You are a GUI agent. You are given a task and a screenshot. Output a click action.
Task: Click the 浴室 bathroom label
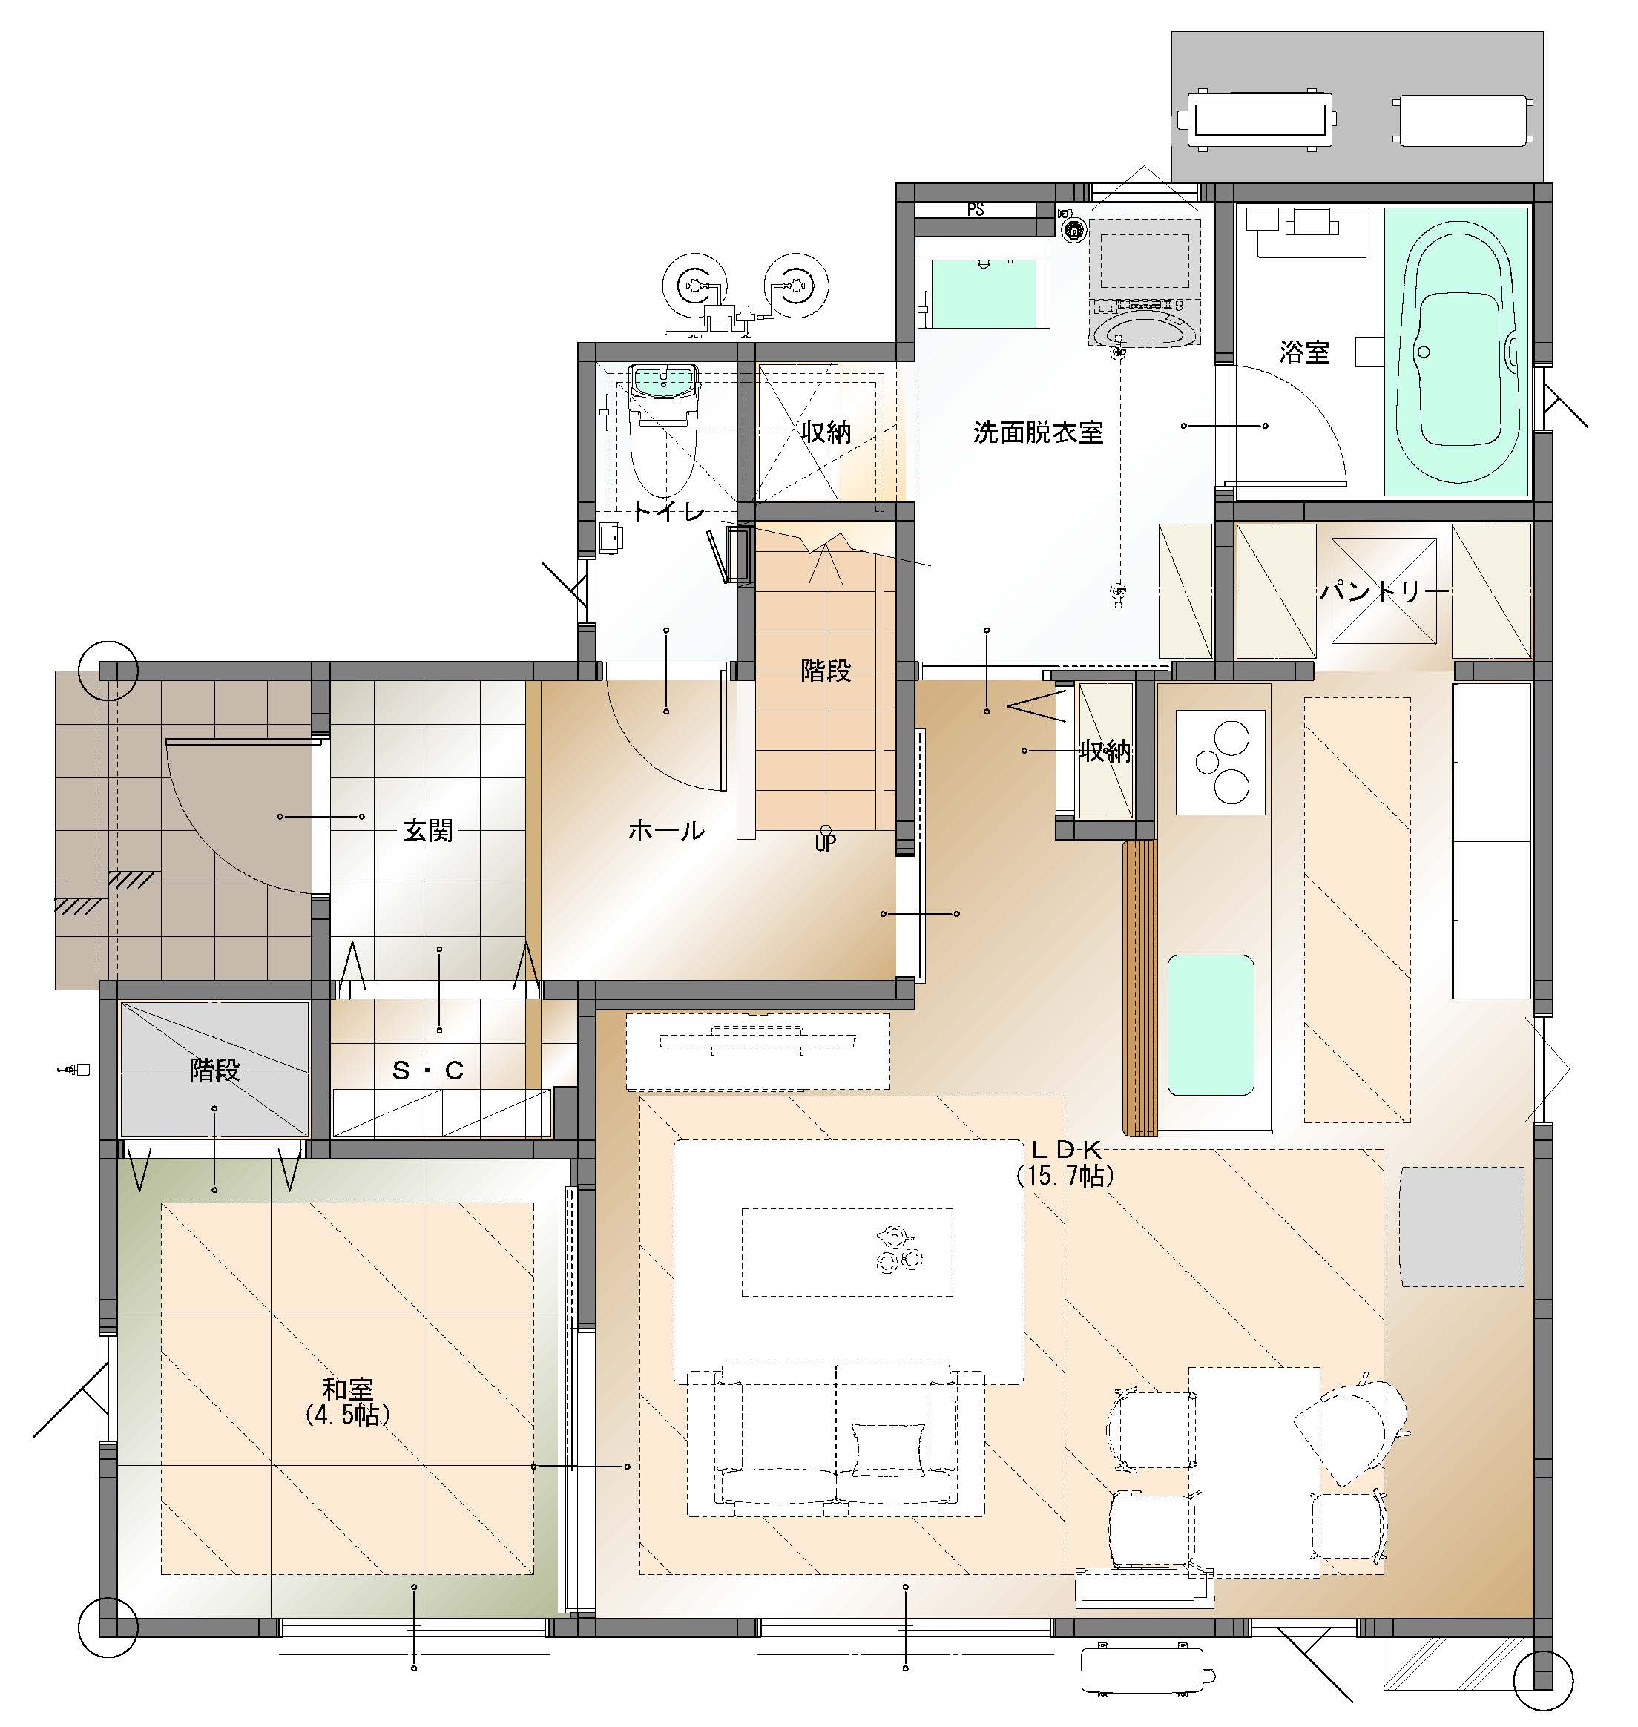(1304, 352)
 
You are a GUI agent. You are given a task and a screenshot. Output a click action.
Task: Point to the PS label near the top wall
(976, 209)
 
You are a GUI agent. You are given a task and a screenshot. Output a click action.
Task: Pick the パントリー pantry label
(1385, 593)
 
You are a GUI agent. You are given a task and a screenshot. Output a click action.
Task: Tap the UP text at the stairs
(825, 843)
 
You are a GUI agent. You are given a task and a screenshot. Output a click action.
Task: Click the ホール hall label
(666, 830)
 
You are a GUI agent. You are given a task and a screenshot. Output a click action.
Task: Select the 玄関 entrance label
(428, 830)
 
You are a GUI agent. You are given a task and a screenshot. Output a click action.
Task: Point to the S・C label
(428, 1070)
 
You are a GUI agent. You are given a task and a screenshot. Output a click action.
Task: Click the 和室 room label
(347, 1388)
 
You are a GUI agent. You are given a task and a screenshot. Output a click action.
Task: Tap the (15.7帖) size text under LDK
(1066, 1176)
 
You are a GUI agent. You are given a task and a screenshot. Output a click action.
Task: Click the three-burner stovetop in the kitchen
(1220, 762)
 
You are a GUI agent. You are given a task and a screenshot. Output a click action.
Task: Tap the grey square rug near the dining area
(1462, 1226)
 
